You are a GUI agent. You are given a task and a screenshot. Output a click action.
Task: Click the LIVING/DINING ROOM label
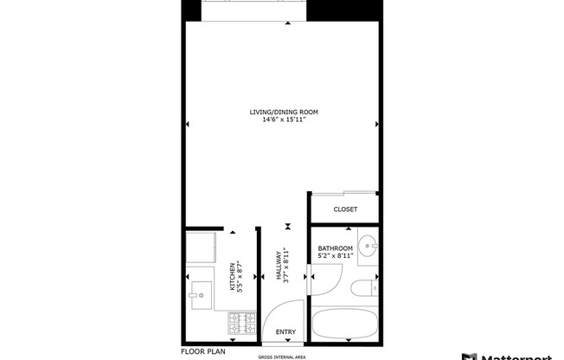pyautogui.click(x=283, y=112)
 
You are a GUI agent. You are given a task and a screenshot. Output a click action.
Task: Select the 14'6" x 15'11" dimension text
pyautogui.click(x=283, y=120)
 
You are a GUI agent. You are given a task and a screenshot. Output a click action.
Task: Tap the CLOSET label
pyautogui.click(x=345, y=209)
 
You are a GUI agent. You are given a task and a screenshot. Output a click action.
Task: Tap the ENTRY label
pyautogui.click(x=285, y=332)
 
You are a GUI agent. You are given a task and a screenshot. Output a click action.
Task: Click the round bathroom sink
pyautogui.click(x=369, y=246)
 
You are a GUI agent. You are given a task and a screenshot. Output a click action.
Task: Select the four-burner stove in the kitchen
pyautogui.click(x=240, y=324)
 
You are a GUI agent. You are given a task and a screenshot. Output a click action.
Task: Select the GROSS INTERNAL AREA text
pyautogui.click(x=282, y=357)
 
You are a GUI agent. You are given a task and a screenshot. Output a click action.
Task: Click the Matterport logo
pyautogui.click(x=512, y=355)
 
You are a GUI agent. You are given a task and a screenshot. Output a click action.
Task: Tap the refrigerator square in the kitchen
pyautogui.click(x=202, y=247)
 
